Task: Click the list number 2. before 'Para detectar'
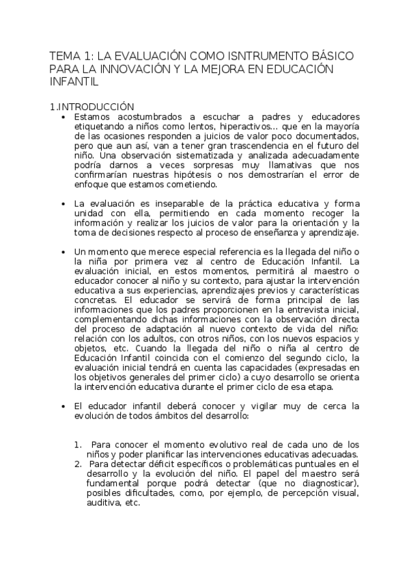[x=79, y=464]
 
